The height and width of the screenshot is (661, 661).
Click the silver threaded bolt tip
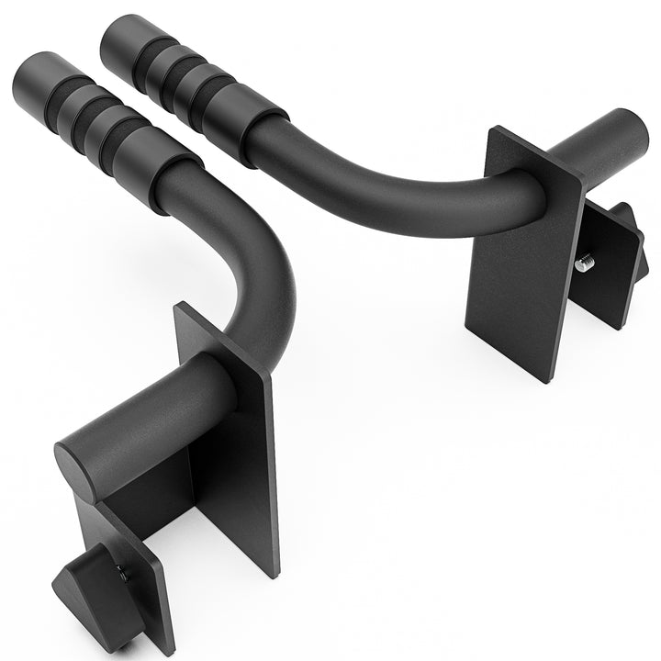point(583,264)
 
